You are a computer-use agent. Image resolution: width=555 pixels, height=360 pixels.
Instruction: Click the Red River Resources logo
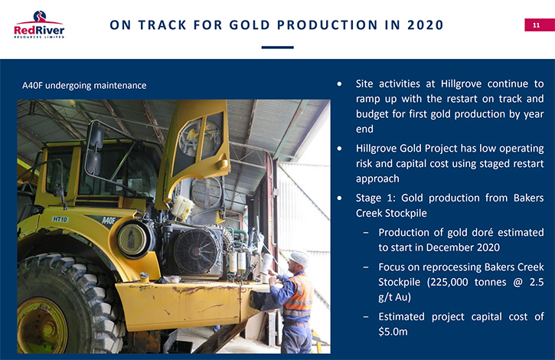[39, 25]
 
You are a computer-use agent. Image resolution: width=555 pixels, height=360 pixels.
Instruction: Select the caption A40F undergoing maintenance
[84, 85]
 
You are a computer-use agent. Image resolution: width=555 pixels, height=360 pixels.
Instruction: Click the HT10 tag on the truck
[60, 219]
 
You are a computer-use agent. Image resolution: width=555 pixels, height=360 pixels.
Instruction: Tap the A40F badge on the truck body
[109, 221]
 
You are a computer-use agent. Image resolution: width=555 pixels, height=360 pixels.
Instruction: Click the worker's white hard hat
[299, 257]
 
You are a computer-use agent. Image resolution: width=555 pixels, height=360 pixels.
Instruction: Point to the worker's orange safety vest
[300, 294]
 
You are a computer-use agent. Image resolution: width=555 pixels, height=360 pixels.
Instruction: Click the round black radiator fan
[196, 251]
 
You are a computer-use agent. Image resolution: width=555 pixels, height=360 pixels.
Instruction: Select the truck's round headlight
[132, 240]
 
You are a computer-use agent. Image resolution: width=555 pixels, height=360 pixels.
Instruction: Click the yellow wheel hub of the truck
[41, 326]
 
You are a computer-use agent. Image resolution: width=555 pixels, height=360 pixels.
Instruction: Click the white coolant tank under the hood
[182, 207]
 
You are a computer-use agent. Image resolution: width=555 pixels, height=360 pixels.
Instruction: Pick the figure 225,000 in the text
[447, 283]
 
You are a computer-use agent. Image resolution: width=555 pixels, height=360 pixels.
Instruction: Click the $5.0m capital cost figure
[393, 332]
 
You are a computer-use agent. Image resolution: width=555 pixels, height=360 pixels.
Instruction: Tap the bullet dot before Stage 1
[339, 198]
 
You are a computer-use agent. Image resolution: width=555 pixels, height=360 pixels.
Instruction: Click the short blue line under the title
[277, 47]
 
